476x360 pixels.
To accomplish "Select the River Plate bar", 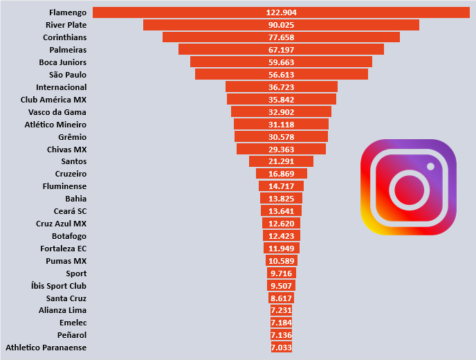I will [x=208, y=25].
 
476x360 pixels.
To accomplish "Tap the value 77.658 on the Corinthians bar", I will [x=281, y=37].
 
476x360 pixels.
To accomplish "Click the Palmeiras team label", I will [x=68, y=50].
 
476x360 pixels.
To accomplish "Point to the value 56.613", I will [x=281, y=75].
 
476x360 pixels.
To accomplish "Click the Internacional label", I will [x=62, y=87].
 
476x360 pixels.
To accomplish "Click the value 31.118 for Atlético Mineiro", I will [x=281, y=125].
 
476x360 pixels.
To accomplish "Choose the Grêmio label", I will [x=73, y=137].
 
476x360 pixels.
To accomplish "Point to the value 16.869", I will [x=281, y=174].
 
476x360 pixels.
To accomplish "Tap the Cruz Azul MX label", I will [x=61, y=224].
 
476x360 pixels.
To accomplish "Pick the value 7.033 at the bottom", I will [x=281, y=348].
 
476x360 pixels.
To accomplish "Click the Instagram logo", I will [x=408, y=187].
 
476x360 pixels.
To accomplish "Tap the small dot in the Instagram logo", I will [x=430, y=166].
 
